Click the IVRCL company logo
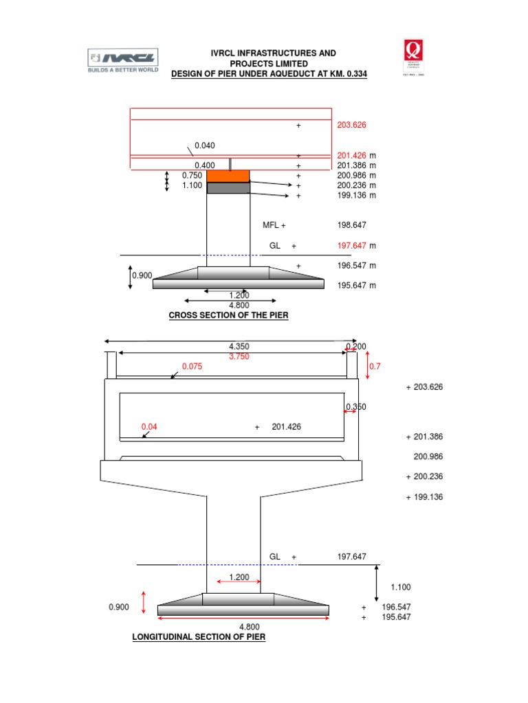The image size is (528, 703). pyautogui.click(x=122, y=57)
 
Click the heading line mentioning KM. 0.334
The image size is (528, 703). pyautogui.click(x=269, y=73)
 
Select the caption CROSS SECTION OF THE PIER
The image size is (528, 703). pyautogui.click(x=229, y=315)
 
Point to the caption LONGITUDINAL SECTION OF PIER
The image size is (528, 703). pyautogui.click(x=199, y=637)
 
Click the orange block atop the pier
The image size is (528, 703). pyautogui.click(x=228, y=176)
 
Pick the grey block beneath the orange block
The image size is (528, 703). pyautogui.click(x=228, y=188)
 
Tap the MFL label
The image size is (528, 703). pyautogui.click(x=271, y=225)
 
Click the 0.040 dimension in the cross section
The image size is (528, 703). pyautogui.click(x=204, y=146)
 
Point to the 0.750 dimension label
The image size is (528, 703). pyautogui.click(x=192, y=176)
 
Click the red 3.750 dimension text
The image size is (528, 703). pyautogui.click(x=239, y=356)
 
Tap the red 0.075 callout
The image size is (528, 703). pyautogui.click(x=192, y=367)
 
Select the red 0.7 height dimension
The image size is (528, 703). pyautogui.click(x=375, y=367)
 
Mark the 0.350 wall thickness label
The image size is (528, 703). pyautogui.click(x=356, y=407)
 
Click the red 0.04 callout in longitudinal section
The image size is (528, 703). pyautogui.click(x=149, y=426)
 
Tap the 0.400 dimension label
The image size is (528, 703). pyautogui.click(x=204, y=165)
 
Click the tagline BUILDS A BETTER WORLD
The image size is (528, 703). pyautogui.click(x=122, y=70)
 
